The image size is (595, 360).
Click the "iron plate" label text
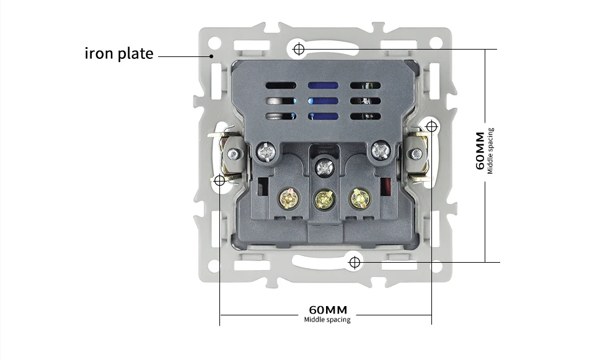(118, 53)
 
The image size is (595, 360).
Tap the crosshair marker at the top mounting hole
(299, 48)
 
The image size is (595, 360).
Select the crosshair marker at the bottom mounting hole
(355, 262)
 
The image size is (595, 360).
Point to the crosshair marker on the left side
(219, 181)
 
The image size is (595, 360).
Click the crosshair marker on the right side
(431, 127)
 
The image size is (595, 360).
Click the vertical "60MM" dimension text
(480, 151)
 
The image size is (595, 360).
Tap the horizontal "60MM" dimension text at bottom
(327, 310)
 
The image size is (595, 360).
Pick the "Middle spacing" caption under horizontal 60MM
(327, 320)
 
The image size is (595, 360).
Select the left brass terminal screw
(288, 198)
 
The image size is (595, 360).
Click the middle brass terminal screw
(322, 198)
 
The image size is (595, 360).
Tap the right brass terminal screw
(359, 198)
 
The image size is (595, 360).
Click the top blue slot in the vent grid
(323, 86)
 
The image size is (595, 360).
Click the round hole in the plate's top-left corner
(214, 43)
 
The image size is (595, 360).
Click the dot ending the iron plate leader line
(212, 56)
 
